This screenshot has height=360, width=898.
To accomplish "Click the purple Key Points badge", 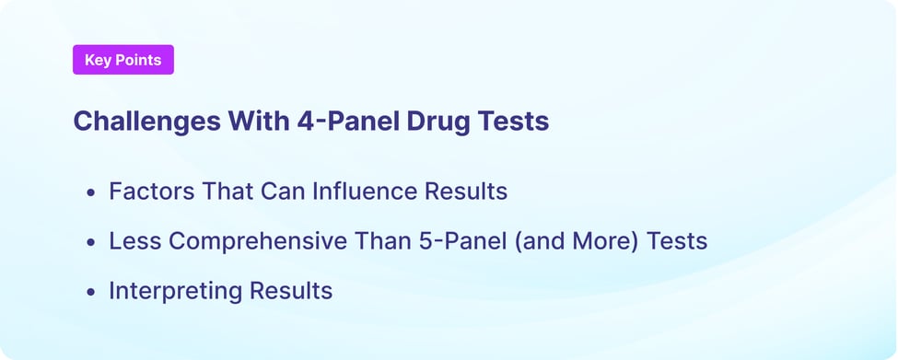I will (x=122, y=60).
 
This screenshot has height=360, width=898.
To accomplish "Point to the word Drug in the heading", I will (x=426, y=122).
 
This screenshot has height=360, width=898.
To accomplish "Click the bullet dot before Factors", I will (x=90, y=193).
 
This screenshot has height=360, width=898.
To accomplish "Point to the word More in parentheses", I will (x=604, y=241).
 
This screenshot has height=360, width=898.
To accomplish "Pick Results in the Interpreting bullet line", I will (x=289, y=291).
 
